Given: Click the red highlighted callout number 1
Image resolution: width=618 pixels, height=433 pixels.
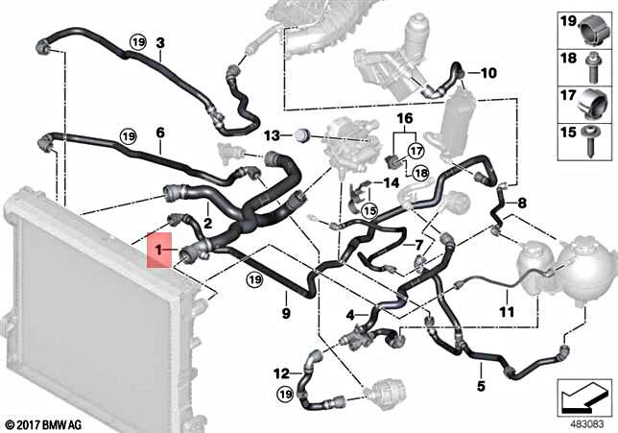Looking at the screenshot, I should [x=160, y=251].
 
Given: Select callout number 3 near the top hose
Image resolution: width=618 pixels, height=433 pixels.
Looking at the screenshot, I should [x=160, y=42].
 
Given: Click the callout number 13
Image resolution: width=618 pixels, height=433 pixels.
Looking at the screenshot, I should [x=271, y=135].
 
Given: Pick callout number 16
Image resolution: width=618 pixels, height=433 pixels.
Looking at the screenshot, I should [x=404, y=119].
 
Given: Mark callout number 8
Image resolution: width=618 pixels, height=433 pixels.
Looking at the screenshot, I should [x=522, y=203].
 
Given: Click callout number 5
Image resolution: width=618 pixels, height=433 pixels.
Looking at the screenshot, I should [x=481, y=387].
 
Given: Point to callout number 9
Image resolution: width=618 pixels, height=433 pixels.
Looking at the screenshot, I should [x=285, y=313].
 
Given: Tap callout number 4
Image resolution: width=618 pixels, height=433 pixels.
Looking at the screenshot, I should [x=349, y=313].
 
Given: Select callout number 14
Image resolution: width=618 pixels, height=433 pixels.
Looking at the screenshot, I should [x=392, y=181].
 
